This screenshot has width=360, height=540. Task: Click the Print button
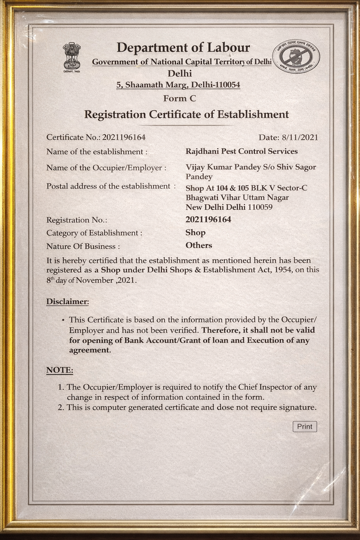coord(305,426)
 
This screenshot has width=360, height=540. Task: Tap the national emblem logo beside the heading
coord(72,57)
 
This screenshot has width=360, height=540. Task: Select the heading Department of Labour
coord(183,47)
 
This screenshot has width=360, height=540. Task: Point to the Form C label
coord(179,98)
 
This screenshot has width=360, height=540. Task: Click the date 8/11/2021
coord(300,137)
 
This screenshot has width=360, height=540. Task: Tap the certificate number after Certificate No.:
coord(124,137)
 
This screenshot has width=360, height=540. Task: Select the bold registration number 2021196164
coord(208,220)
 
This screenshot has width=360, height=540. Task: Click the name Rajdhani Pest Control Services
coord(242,152)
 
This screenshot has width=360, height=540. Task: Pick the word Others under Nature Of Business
coord(199,245)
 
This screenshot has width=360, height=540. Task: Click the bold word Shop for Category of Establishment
coord(195,233)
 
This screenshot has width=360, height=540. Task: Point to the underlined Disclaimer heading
coord(67,302)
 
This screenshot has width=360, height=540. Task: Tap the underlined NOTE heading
coord(60,370)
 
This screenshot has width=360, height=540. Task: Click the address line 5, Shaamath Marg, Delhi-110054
coord(178,85)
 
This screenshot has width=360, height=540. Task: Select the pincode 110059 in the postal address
coord(260,207)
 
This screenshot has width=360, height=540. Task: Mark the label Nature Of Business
coord(83,246)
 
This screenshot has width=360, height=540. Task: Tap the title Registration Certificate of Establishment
coord(186,115)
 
